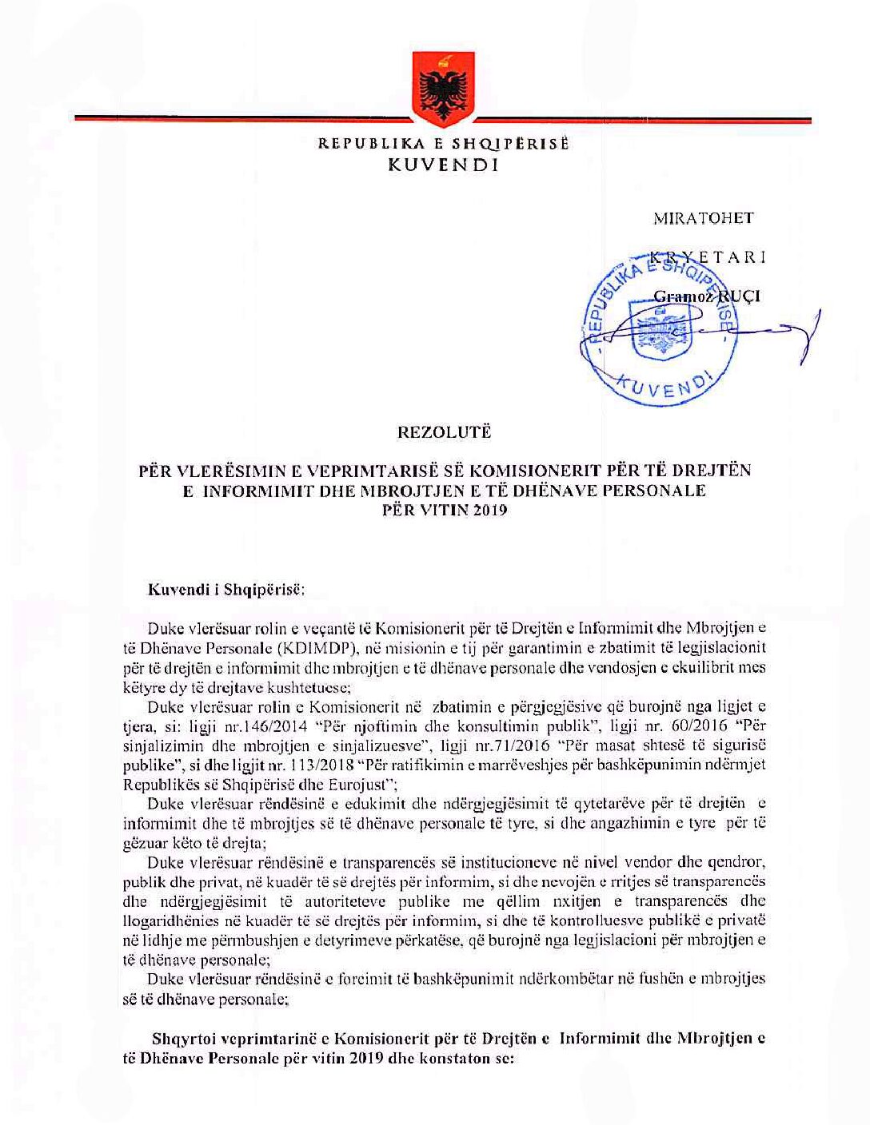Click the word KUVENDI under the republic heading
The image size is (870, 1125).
(442, 165)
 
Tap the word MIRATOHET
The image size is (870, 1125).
(703, 218)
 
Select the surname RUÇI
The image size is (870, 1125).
(740, 296)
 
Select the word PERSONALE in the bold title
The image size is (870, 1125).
(653, 491)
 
